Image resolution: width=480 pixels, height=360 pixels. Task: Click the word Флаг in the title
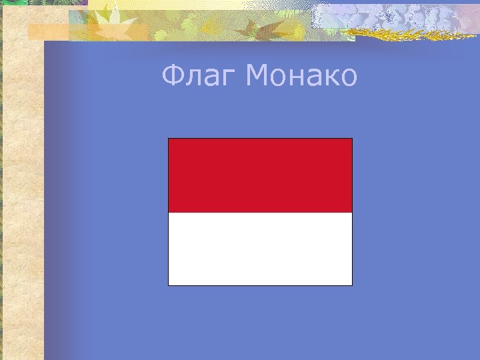pos(199,77)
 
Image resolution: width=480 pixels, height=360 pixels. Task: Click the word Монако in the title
pos(301,77)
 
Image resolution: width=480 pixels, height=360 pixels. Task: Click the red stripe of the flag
pos(260,175)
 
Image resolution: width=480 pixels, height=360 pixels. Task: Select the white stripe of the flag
pos(260,249)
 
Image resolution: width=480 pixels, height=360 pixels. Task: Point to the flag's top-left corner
pos(169,139)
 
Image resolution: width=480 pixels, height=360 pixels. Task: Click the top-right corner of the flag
pos(351,139)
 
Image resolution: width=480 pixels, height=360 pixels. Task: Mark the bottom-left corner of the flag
pos(169,285)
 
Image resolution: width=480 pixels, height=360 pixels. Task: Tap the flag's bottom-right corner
pos(351,285)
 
